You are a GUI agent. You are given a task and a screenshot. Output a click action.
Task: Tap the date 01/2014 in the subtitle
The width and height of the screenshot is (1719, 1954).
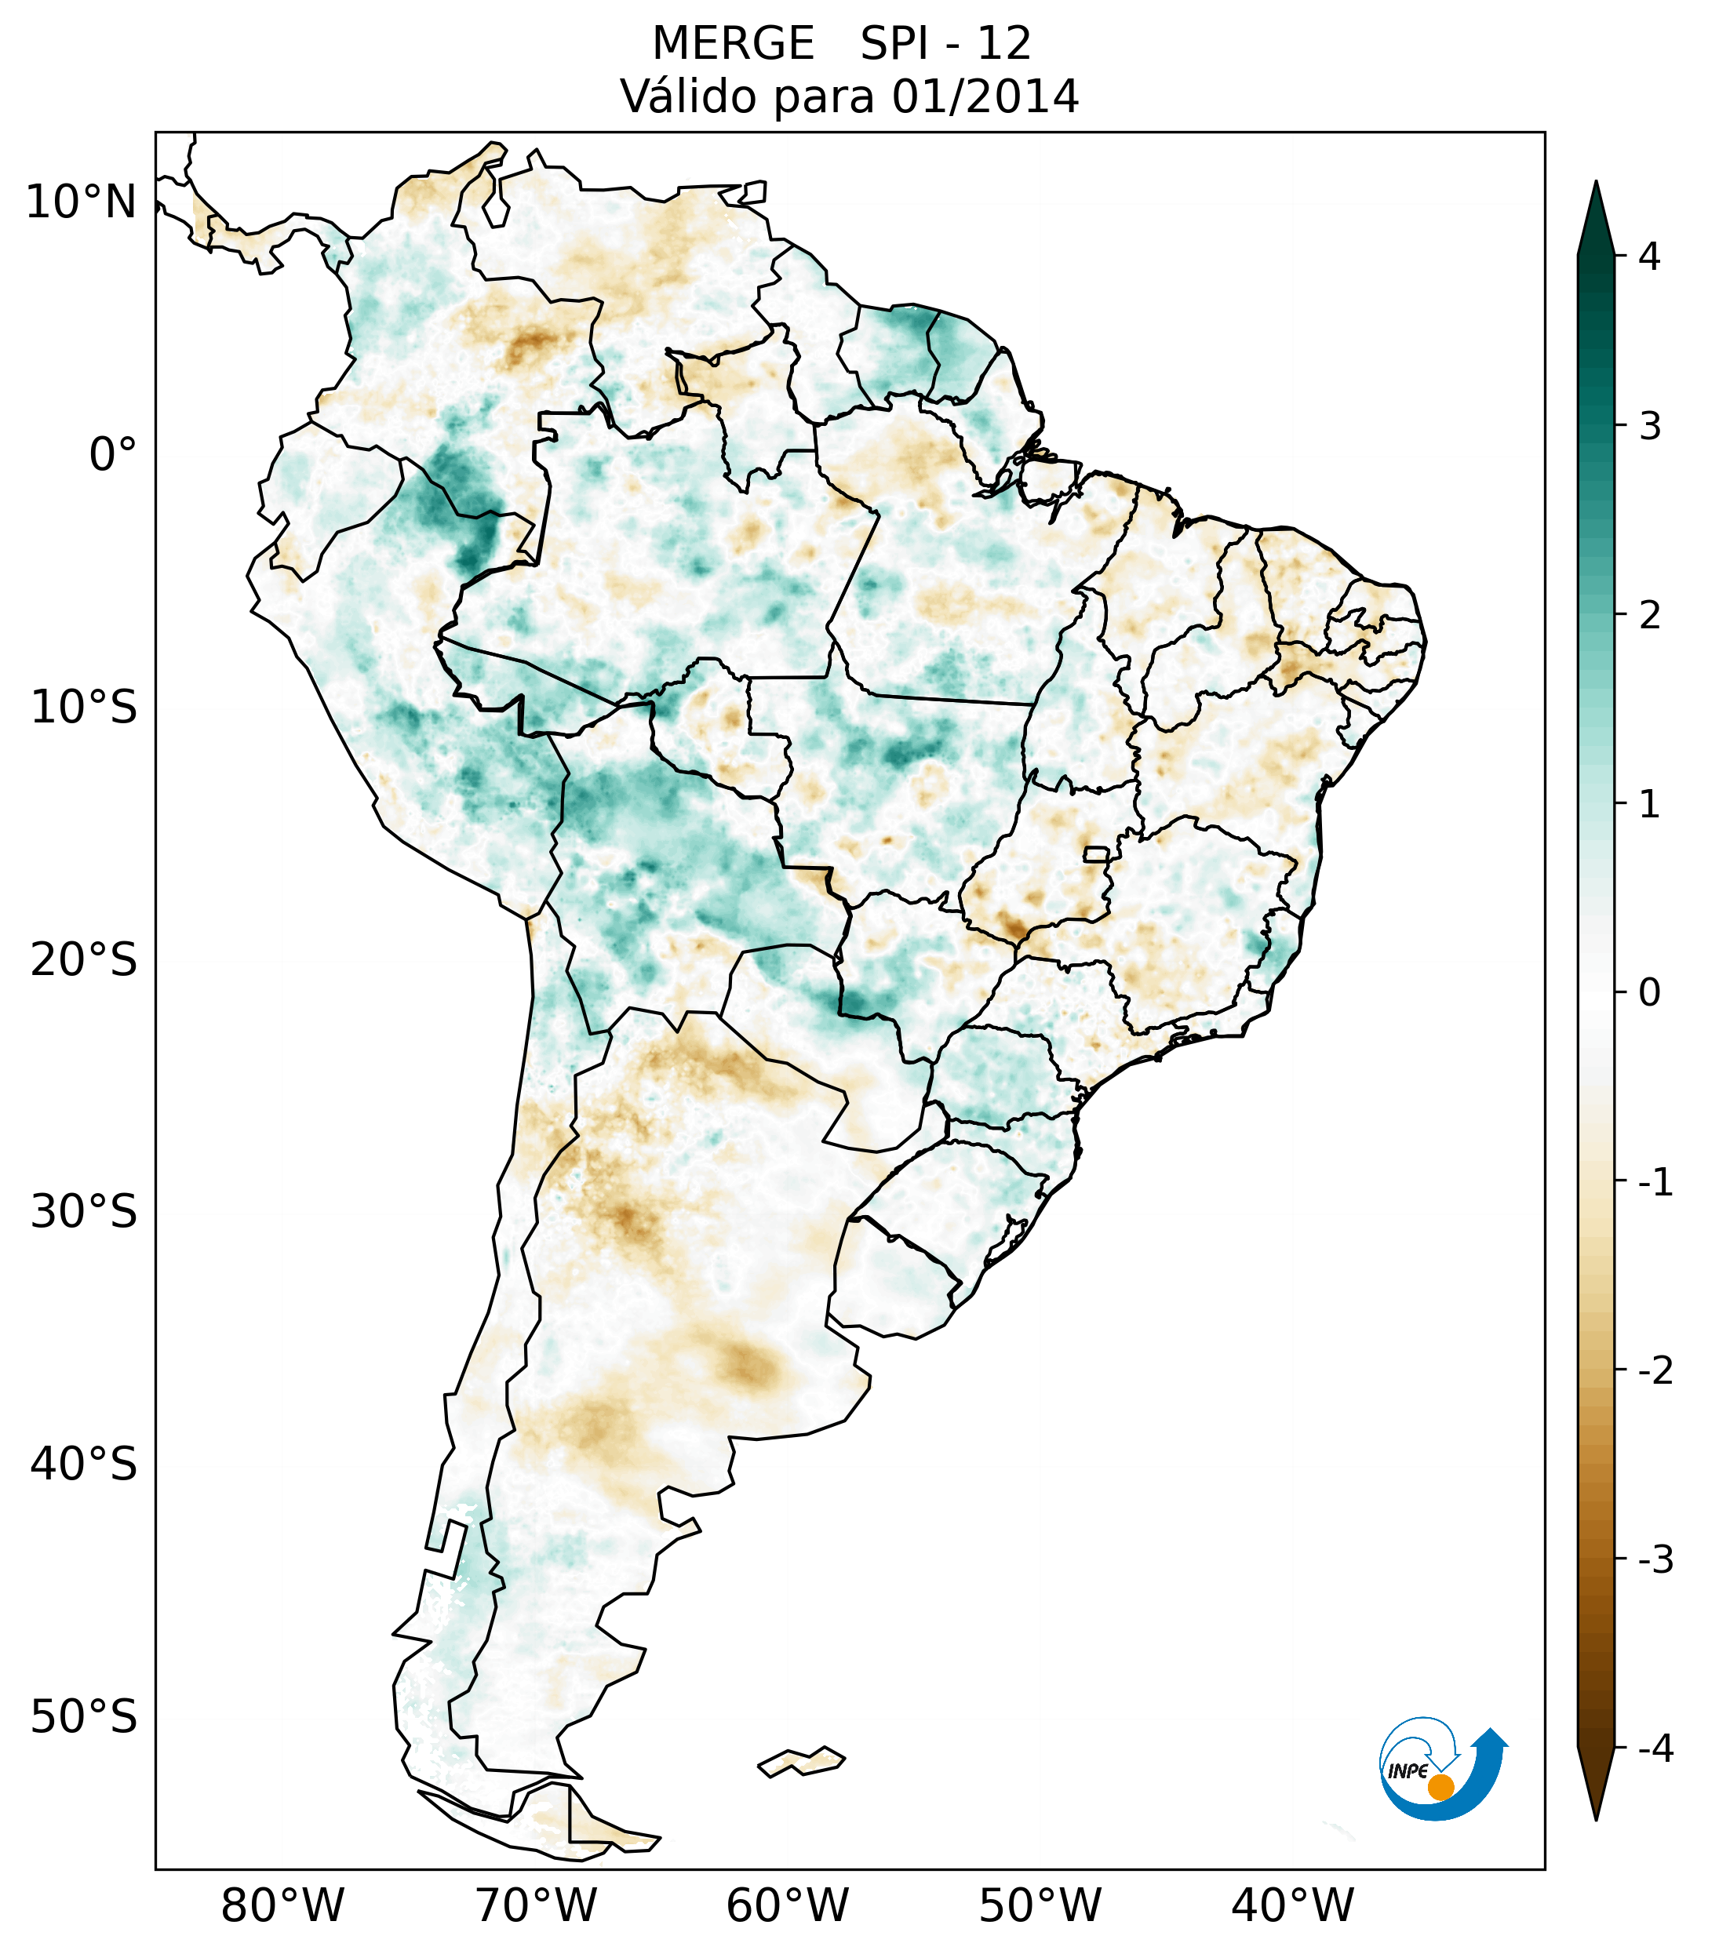(985, 96)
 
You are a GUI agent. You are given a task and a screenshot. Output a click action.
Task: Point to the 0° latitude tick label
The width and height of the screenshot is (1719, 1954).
(113, 455)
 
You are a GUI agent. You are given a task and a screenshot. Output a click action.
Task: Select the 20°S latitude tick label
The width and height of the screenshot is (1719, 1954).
(84, 960)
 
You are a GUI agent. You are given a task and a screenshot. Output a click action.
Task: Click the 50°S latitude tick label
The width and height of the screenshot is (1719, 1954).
(84, 1718)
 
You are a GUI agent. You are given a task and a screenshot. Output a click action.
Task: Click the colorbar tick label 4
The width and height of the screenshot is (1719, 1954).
(1649, 257)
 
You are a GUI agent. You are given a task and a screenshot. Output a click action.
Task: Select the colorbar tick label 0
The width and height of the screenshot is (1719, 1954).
(1649, 993)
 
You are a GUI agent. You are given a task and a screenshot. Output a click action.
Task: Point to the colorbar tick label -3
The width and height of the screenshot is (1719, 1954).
(1655, 1559)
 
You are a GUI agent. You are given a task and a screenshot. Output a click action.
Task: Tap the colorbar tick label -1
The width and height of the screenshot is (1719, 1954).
(1655, 1183)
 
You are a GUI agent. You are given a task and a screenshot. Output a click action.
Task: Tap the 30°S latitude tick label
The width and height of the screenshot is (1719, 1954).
(84, 1212)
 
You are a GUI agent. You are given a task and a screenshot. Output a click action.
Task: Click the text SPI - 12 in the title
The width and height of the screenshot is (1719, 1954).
(945, 44)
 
